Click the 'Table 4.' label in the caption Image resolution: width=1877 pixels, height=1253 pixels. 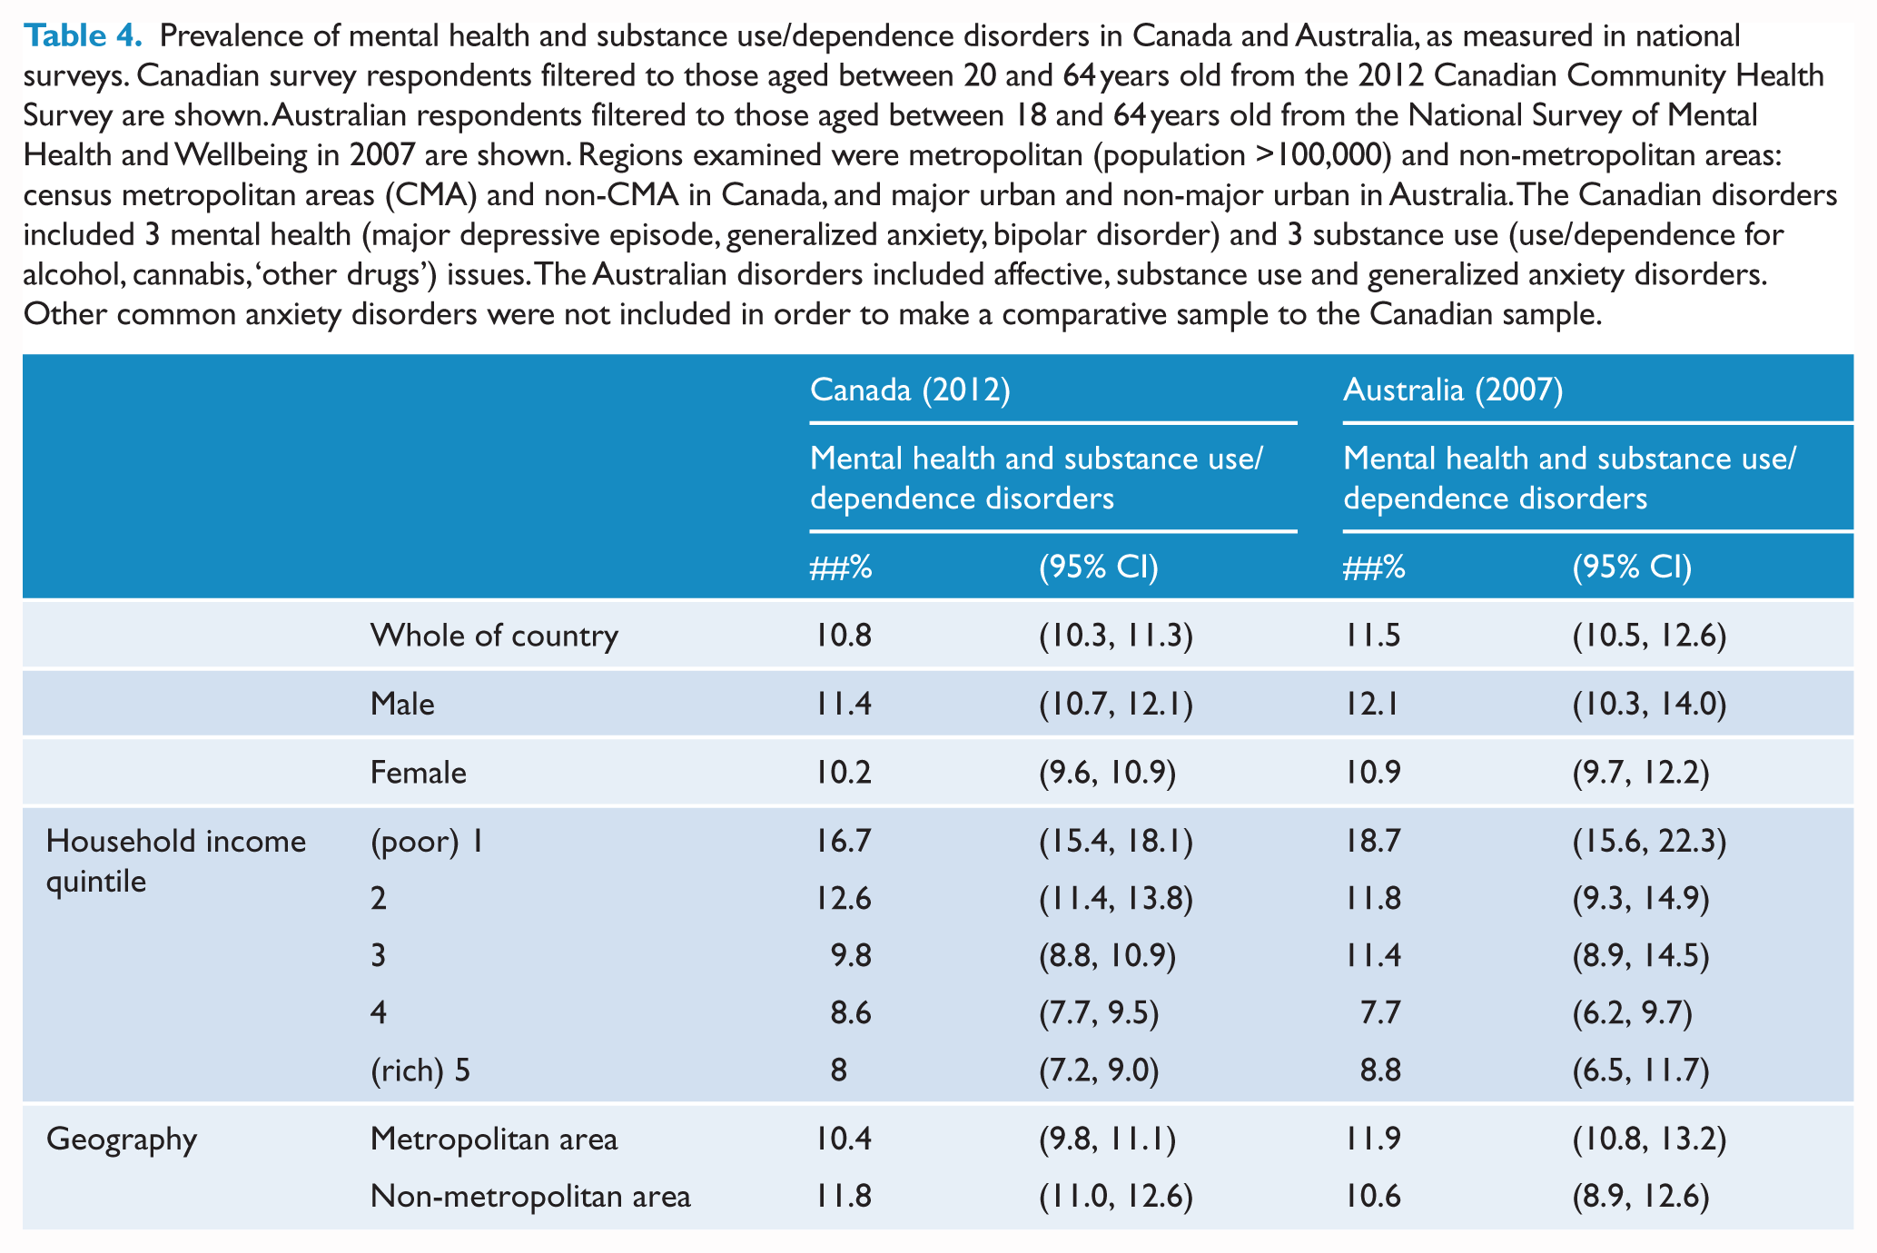point(83,36)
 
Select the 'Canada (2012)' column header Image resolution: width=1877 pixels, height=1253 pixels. point(910,390)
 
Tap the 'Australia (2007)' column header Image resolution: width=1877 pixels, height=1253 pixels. point(1453,390)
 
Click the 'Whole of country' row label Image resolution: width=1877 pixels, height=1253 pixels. point(494,635)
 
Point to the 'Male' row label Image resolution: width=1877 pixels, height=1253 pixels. point(402,704)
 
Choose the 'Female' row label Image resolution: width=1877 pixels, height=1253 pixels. point(418,773)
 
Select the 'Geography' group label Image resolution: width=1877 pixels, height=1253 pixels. point(121,1139)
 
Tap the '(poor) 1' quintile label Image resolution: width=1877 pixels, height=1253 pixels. point(426,842)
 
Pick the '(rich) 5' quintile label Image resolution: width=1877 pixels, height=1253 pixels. point(420,1071)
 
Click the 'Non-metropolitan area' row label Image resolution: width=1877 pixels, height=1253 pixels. point(530,1197)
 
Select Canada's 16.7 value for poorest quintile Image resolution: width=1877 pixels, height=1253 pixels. point(841,842)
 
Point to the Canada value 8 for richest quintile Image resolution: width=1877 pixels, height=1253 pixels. point(838,1071)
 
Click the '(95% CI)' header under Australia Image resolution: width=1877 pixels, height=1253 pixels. point(1632,567)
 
